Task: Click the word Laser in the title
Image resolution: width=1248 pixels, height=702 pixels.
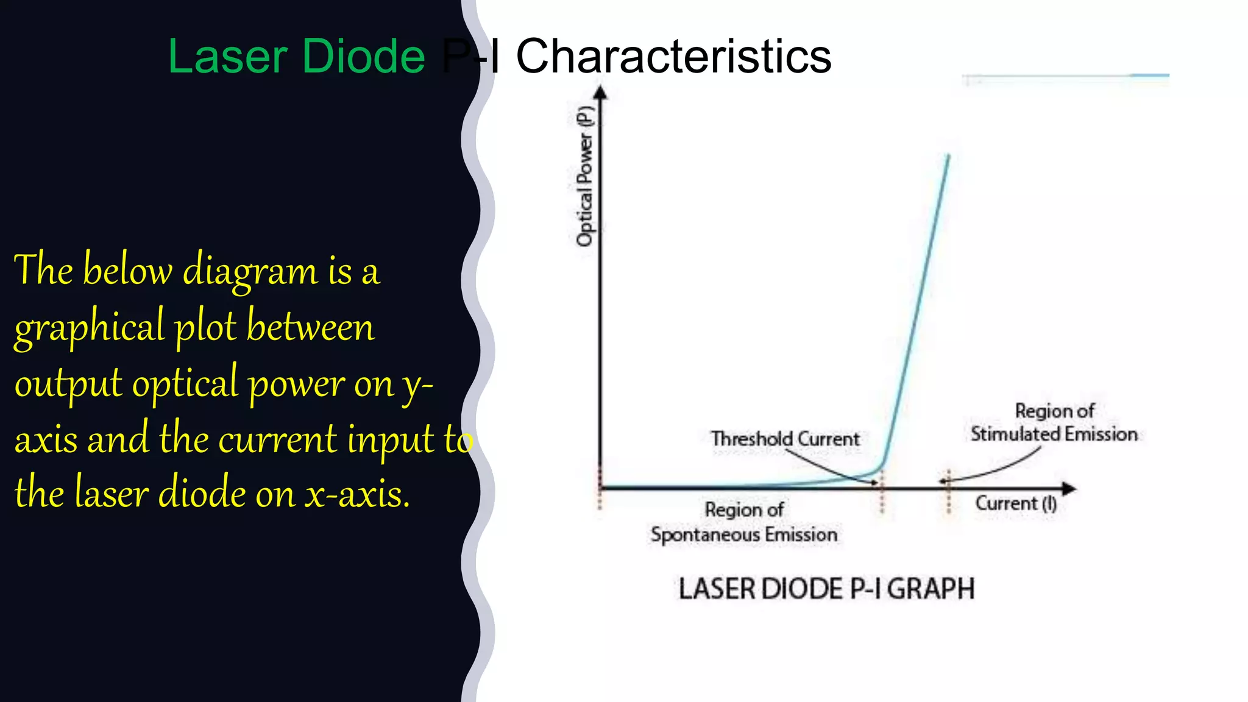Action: [227, 56]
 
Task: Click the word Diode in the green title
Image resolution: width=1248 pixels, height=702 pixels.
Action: [363, 56]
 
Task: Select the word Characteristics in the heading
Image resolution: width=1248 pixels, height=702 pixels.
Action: [673, 56]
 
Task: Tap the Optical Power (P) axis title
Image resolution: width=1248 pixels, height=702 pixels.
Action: [585, 176]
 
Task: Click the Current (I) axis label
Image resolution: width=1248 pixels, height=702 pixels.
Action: [1016, 504]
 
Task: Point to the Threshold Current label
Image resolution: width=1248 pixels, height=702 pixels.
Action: [785, 439]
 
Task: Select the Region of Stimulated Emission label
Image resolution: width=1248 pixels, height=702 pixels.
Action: [1054, 423]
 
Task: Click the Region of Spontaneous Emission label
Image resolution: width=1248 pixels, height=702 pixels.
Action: [743, 522]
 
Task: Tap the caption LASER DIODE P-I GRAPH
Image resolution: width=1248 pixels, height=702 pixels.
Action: [826, 589]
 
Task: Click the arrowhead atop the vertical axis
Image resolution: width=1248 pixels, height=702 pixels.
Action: [600, 93]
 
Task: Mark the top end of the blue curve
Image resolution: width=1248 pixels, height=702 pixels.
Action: [948, 157]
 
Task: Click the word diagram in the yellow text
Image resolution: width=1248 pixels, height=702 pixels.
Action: [250, 270]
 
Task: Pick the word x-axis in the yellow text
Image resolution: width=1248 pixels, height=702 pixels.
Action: [357, 494]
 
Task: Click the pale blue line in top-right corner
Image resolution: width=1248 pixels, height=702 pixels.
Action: [1066, 76]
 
